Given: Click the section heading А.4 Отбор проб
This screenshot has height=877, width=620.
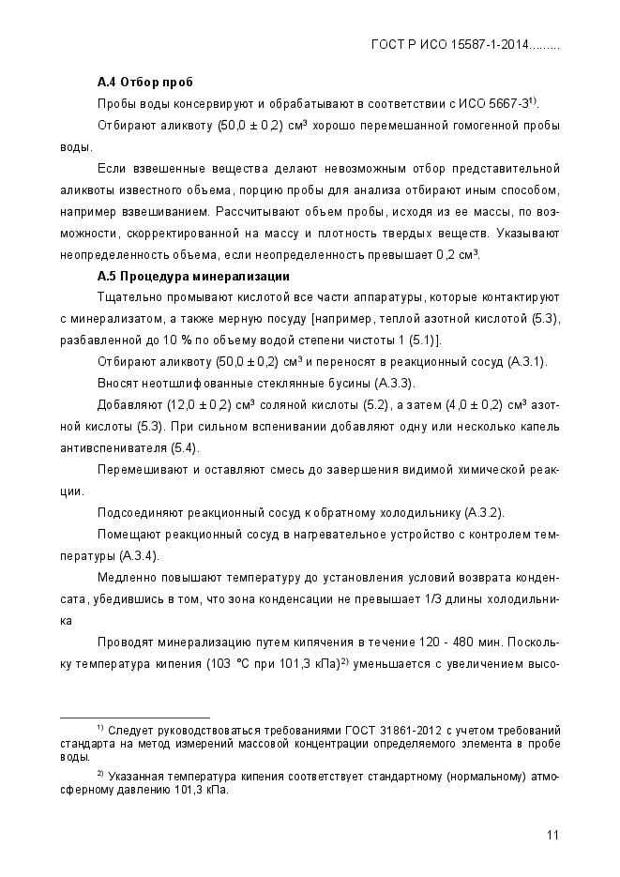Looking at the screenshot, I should tap(138, 82).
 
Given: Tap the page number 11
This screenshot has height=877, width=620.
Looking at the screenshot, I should tap(553, 836).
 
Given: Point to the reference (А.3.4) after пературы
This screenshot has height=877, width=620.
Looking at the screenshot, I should tap(137, 555).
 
